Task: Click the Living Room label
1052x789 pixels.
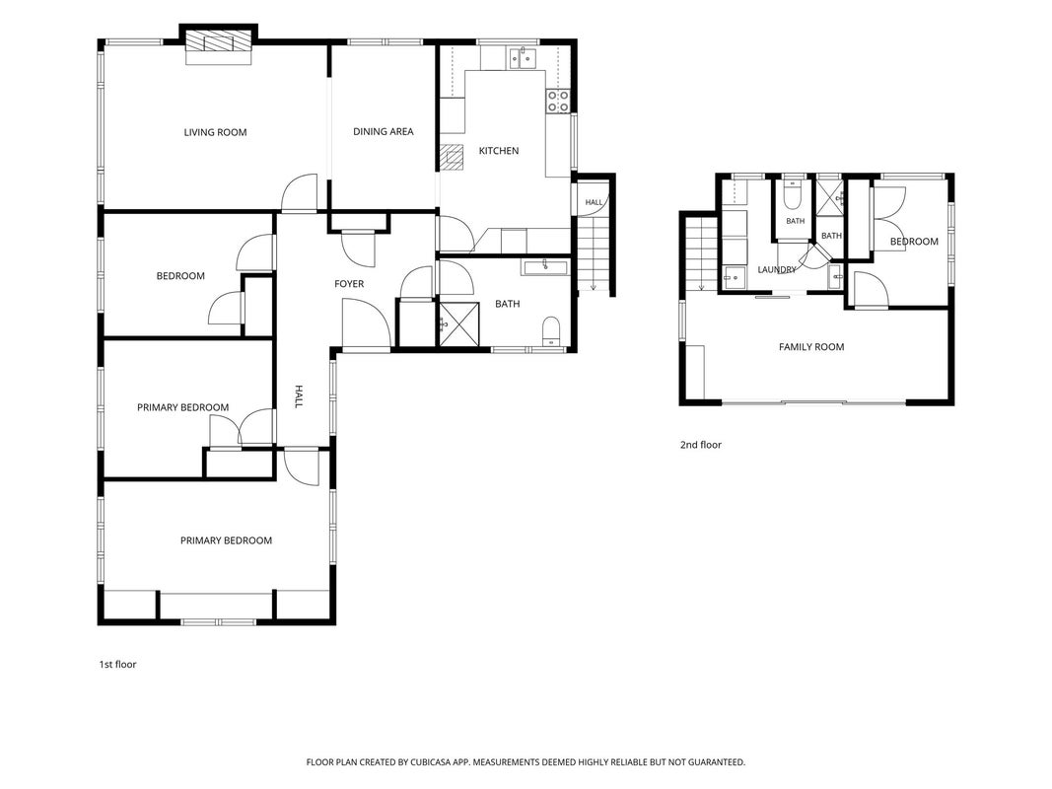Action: (215, 132)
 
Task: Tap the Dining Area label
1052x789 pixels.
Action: (384, 131)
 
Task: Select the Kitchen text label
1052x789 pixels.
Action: (499, 151)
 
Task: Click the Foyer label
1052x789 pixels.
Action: (349, 284)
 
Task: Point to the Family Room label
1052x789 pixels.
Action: (811, 347)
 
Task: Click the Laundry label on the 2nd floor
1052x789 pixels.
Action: (776, 269)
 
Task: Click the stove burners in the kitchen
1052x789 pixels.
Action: (558, 102)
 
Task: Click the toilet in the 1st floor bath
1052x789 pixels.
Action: (551, 330)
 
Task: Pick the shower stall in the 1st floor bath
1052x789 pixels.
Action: (459, 324)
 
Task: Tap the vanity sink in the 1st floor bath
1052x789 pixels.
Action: (545, 267)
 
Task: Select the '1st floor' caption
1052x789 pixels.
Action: (118, 664)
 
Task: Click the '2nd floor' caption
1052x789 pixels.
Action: (701, 444)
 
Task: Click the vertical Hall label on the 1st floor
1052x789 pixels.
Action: (299, 395)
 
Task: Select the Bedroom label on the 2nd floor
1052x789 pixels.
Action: (914, 242)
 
